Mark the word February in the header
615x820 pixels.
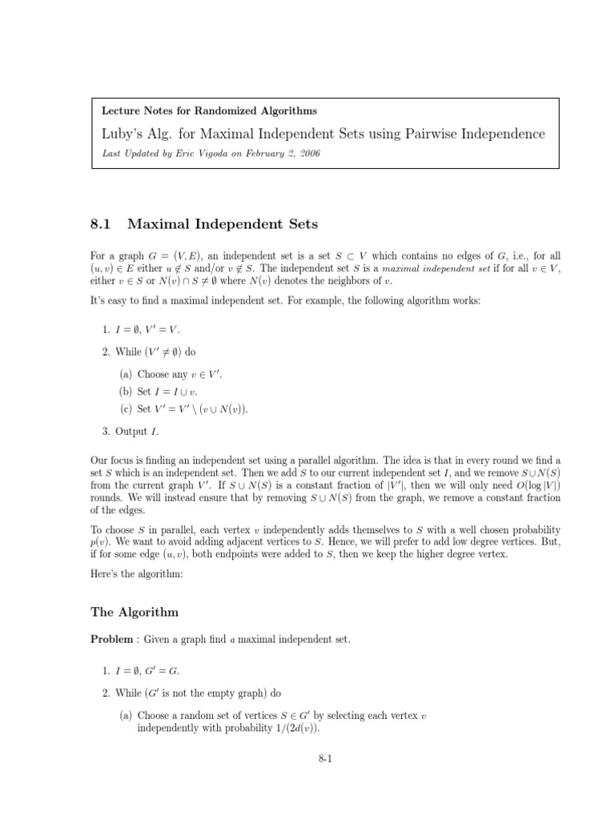(x=255, y=153)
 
